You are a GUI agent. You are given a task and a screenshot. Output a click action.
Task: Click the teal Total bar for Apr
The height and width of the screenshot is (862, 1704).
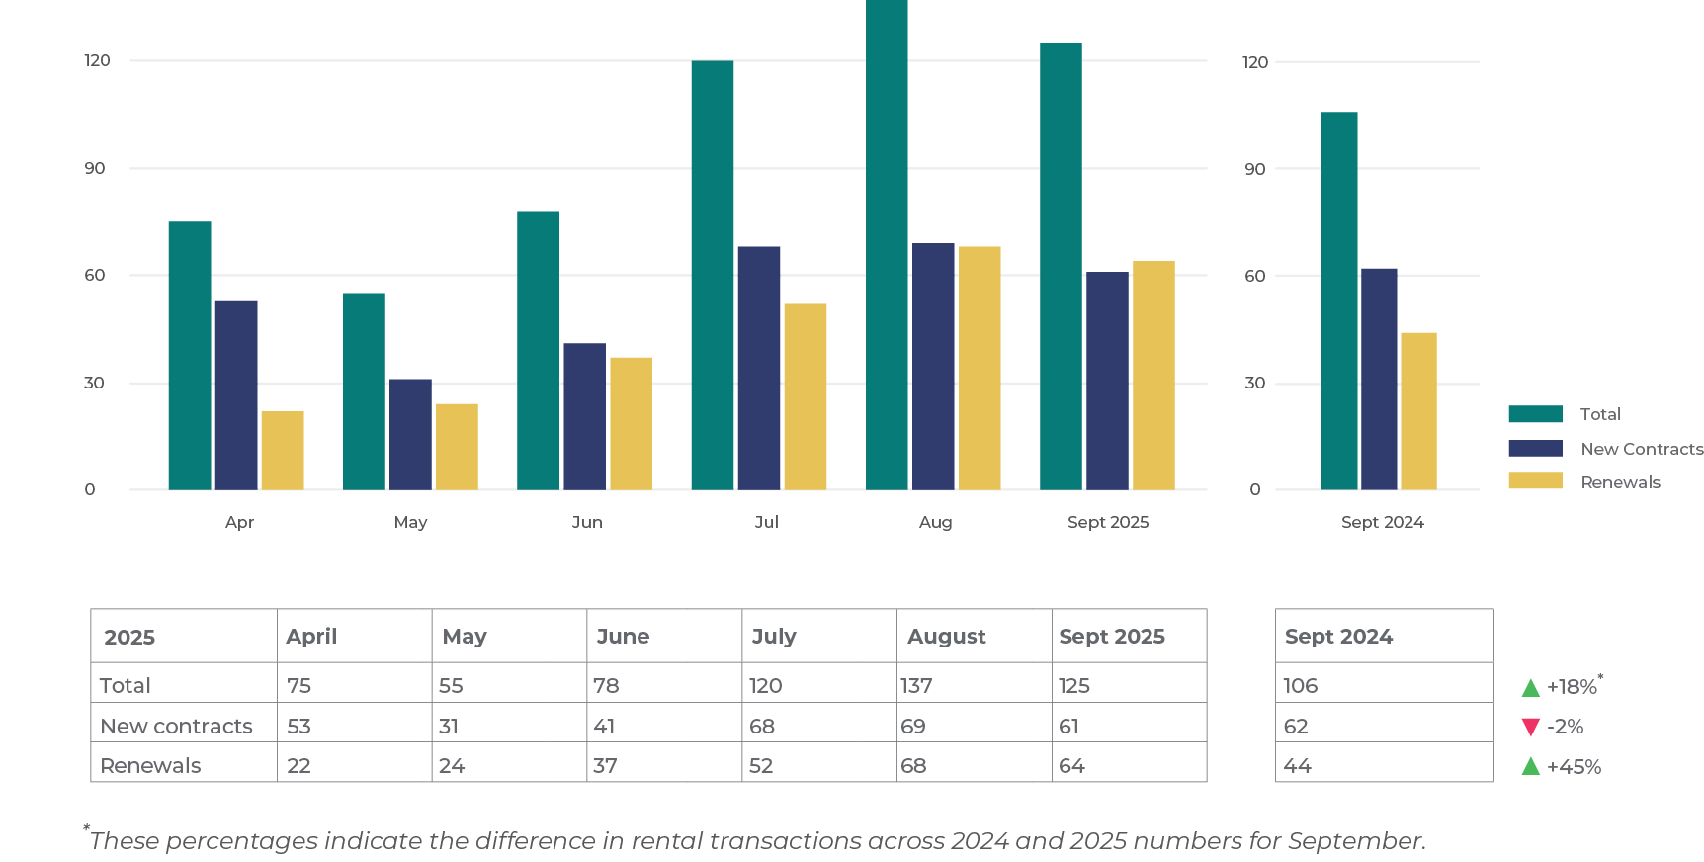[x=189, y=356]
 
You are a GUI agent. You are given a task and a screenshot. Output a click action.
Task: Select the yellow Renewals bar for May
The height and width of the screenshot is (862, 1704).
[x=457, y=447]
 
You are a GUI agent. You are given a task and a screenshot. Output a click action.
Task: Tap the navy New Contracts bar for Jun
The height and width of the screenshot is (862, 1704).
[x=584, y=416]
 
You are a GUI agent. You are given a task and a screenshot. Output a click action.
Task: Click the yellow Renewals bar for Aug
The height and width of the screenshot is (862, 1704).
[x=980, y=368]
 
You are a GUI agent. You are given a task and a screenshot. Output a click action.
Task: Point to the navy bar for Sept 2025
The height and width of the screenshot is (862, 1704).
[x=1107, y=381]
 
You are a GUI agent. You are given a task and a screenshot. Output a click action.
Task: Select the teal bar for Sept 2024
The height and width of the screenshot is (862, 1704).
[x=1339, y=301]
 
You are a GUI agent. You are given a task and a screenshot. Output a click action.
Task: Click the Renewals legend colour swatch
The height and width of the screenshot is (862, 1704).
[x=1535, y=481]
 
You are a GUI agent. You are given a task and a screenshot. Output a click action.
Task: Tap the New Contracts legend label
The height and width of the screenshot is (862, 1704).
[x=1642, y=449]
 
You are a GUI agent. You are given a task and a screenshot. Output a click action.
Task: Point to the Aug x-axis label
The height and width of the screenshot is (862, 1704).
[x=935, y=522]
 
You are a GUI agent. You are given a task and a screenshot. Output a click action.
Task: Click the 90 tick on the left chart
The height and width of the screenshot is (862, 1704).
[x=95, y=168]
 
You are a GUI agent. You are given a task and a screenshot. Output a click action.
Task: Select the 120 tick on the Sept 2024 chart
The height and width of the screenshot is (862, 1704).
[x=1254, y=62]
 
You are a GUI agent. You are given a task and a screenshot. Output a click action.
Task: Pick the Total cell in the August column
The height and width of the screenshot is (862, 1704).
[x=916, y=685]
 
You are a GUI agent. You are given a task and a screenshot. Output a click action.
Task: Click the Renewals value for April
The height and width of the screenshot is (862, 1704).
[x=298, y=766]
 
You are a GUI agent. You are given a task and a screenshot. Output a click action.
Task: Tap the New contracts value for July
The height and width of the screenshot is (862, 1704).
[x=762, y=727]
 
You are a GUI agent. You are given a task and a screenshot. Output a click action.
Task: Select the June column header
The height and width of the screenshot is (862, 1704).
[x=623, y=637]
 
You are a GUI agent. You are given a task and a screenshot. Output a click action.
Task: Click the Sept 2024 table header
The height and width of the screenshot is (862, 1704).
[x=1338, y=637]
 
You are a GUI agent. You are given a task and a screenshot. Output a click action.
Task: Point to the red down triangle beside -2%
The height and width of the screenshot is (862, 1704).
[x=1531, y=728]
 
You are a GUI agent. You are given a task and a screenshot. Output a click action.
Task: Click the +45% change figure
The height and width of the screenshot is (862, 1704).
[x=1574, y=767]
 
